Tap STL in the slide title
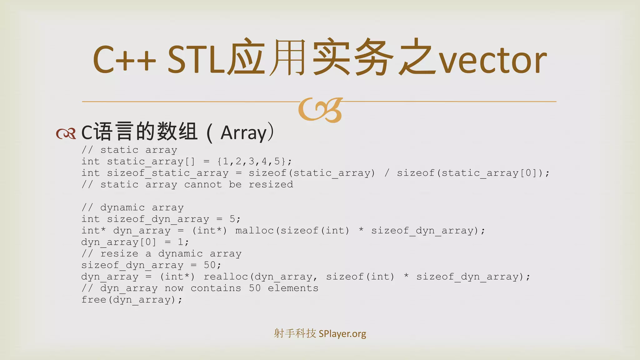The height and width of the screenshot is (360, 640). (196, 59)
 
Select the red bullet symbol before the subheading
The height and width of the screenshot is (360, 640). (66, 133)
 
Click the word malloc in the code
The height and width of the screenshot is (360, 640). (254, 231)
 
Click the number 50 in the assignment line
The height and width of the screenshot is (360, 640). (210, 265)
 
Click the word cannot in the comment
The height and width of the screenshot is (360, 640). (203, 185)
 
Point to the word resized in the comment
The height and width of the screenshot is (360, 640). (271, 185)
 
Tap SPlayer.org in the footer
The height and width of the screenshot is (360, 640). (342, 334)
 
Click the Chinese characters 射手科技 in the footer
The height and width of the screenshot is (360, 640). (295, 333)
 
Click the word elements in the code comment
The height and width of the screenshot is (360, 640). (293, 288)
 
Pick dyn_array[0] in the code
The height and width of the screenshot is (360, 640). (118, 242)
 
